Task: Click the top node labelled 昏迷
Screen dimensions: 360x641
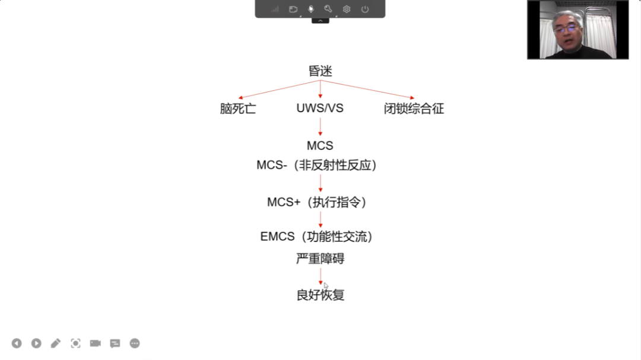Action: (x=320, y=71)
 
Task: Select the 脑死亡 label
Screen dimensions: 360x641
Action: (x=238, y=109)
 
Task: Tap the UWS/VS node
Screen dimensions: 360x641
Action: (x=320, y=109)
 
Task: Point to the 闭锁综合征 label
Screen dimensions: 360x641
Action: (x=414, y=109)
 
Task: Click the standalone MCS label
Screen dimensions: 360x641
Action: (x=320, y=145)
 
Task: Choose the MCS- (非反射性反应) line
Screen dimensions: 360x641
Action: (x=317, y=165)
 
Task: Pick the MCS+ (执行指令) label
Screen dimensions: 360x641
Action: (x=317, y=202)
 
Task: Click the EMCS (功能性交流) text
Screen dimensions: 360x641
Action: (x=317, y=237)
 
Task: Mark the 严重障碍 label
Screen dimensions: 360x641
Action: (x=320, y=259)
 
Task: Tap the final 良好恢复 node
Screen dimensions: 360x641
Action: (x=320, y=295)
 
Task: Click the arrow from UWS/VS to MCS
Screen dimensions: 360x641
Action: (x=320, y=127)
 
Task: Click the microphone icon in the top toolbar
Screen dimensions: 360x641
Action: (x=310, y=9)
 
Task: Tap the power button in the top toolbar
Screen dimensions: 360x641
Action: (x=364, y=9)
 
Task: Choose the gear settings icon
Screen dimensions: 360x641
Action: (x=347, y=9)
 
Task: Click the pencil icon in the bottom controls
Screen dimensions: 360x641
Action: (x=56, y=343)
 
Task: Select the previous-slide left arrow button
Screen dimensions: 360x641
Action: (x=17, y=343)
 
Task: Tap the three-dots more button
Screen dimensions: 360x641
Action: (x=135, y=343)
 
